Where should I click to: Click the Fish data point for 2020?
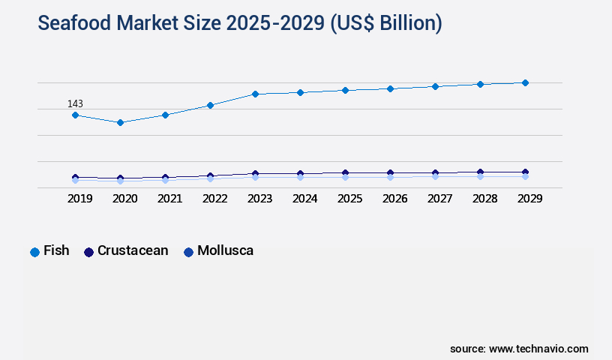[120, 122]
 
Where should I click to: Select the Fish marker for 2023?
[255, 94]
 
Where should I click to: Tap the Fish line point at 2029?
[525, 82]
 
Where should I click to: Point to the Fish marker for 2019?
[75, 115]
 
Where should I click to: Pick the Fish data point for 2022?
[210, 105]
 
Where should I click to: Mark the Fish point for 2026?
[390, 88]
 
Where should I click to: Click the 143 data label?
[75, 103]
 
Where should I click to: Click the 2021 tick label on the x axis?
[169, 199]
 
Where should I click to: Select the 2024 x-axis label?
[304, 199]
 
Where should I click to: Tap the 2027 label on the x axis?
[439, 199]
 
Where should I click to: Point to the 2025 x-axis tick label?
[349, 199]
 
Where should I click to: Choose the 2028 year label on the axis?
[484, 199]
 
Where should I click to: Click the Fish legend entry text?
[56, 250]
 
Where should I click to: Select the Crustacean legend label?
[133, 250]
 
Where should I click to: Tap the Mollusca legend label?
[225, 250]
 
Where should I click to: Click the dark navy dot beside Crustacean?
[88, 252]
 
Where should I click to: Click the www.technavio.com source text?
[538, 349]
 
